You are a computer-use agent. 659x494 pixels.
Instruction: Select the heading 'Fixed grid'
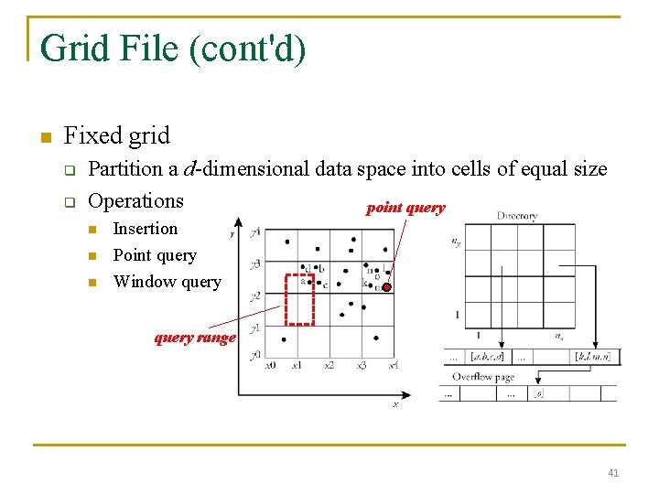(x=116, y=136)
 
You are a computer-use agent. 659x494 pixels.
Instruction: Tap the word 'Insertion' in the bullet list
(x=145, y=229)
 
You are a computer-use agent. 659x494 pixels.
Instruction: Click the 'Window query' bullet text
(x=167, y=282)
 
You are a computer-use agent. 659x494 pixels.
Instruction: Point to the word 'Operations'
(x=135, y=201)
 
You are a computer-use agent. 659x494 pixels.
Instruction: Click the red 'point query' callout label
(x=405, y=208)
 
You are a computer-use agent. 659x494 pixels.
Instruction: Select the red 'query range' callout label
(x=195, y=338)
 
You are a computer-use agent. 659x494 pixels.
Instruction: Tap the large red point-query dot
(x=386, y=287)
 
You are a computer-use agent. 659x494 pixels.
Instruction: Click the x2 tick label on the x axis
(x=329, y=365)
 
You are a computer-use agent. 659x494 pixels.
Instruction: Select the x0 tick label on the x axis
(x=270, y=365)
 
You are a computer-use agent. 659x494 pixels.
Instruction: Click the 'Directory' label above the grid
(x=517, y=217)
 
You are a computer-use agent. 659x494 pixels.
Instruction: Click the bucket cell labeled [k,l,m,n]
(x=592, y=356)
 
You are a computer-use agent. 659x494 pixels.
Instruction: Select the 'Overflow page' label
(x=483, y=377)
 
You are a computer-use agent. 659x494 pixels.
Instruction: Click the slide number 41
(x=613, y=473)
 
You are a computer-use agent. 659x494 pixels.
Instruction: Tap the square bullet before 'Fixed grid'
(x=42, y=138)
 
